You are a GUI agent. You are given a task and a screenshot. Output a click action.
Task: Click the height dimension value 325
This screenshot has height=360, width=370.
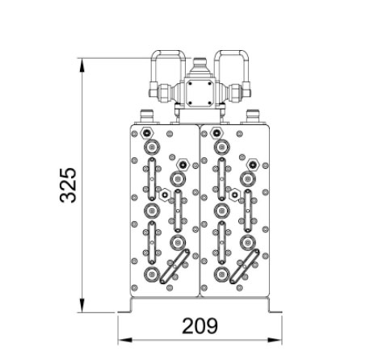click(68, 185)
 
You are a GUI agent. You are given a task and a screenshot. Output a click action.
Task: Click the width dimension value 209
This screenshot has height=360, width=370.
click(200, 326)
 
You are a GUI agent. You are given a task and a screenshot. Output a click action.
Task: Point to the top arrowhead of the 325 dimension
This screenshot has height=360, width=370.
click(82, 65)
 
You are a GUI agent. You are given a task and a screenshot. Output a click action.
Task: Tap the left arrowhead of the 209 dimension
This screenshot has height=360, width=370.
click(125, 341)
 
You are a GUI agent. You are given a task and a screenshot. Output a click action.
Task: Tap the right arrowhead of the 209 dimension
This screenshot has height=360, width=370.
click(275, 341)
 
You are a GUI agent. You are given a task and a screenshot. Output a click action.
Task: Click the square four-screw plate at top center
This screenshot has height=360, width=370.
click(200, 93)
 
